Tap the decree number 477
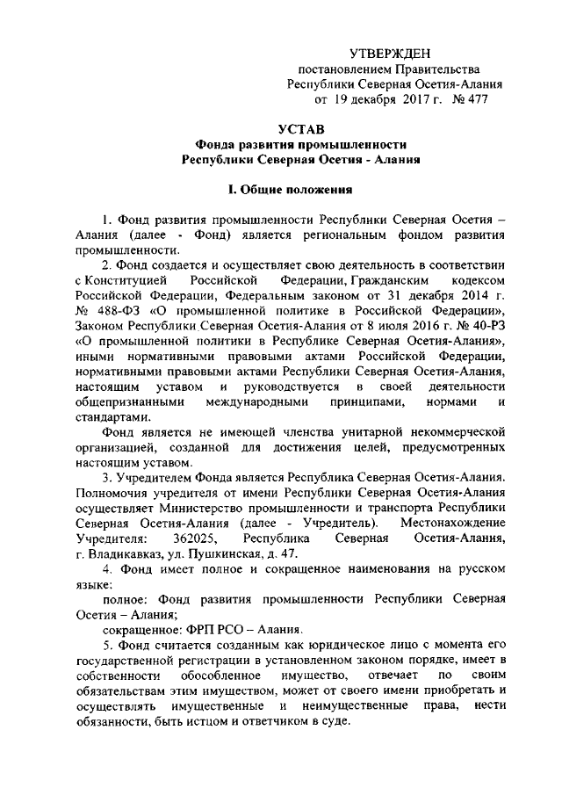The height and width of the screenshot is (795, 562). coord(475,100)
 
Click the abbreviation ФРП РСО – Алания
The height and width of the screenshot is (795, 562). coord(245,630)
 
